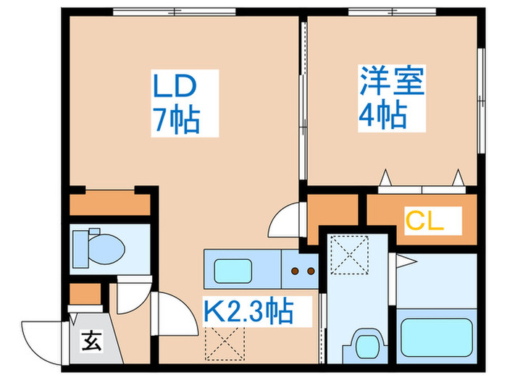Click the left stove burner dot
point(295,271)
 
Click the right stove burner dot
point(311,271)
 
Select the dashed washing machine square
point(350,254)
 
